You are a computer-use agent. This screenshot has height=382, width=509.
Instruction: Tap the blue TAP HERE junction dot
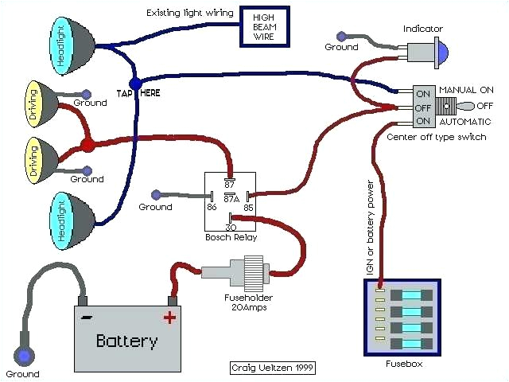pyautogui.click(x=135, y=83)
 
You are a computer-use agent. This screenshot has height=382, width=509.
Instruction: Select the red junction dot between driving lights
pyautogui.click(x=87, y=146)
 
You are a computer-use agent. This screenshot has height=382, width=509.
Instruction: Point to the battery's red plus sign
pyautogui.click(x=169, y=318)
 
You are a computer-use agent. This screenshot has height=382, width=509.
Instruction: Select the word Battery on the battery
pyautogui.click(x=126, y=341)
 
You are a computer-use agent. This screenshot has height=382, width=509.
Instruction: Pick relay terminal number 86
pyautogui.click(x=212, y=207)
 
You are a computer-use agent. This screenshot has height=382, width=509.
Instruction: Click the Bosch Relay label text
pyautogui.click(x=230, y=238)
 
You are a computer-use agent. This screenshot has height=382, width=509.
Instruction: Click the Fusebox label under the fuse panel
pyautogui.click(x=401, y=364)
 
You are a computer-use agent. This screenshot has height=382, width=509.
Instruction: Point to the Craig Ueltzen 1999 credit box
pyautogui.click(x=268, y=368)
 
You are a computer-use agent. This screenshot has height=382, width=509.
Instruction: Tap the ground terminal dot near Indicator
pyautogui.click(x=341, y=37)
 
